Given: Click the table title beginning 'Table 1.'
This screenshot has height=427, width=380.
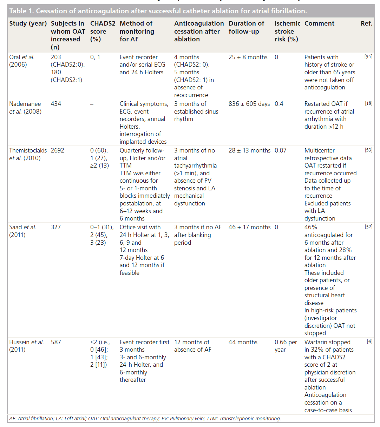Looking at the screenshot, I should (x=158, y=11).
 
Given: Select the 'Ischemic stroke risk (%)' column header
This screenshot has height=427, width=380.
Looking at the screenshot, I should (x=287, y=31).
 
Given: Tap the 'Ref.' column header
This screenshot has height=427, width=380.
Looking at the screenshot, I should (x=366, y=23).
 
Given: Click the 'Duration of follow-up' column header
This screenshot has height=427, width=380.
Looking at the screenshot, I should (x=246, y=27).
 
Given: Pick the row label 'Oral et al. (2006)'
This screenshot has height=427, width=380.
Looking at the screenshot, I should (x=22, y=61).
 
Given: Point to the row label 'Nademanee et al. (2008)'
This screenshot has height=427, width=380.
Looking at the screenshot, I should (x=25, y=108).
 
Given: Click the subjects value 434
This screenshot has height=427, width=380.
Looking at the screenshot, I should (x=56, y=104).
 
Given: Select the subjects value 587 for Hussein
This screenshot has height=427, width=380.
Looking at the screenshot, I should (x=56, y=342).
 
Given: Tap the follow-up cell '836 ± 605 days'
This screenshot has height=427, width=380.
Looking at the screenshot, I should (x=249, y=104).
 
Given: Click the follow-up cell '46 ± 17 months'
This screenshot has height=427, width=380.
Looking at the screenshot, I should (x=249, y=227).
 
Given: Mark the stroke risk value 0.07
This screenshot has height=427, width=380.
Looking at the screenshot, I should (x=281, y=150).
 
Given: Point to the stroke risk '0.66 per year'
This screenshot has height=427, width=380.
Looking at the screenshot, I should (x=286, y=346).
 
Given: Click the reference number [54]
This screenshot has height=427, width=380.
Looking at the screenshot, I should (x=368, y=57).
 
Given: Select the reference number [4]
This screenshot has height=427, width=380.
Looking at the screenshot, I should (x=369, y=341).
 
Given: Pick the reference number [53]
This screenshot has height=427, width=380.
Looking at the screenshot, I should (x=368, y=150).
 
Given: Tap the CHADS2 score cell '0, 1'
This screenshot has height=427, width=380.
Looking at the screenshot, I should (x=95, y=57).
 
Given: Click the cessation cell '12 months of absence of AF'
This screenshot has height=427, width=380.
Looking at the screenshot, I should (x=192, y=346).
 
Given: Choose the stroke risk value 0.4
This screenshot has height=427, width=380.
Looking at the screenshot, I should (x=279, y=104).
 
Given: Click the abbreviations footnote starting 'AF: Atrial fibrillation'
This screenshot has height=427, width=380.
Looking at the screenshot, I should (x=145, y=418).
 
